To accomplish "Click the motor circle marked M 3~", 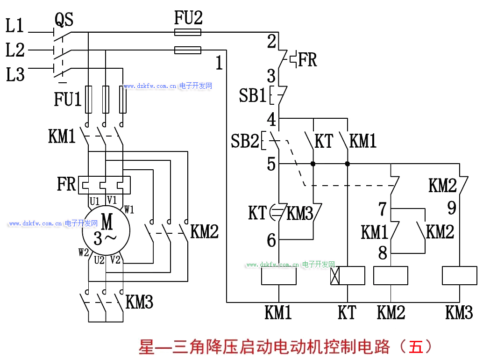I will click(106, 229).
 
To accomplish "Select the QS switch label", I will click(64, 20).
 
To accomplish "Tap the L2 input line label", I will click(15, 50).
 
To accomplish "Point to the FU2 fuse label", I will click(188, 18).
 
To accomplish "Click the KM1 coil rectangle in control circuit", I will click(278, 275).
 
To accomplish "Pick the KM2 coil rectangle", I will click(391, 275).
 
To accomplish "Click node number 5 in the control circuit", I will click(271, 164).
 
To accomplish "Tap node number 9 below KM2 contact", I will click(452, 208).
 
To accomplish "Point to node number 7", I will click(383, 209).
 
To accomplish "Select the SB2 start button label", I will click(244, 141).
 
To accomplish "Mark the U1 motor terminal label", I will click(95, 202).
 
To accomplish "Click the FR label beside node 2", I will click(307, 60).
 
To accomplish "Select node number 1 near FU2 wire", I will click(219, 63).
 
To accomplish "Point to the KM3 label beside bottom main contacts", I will click(140, 302).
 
